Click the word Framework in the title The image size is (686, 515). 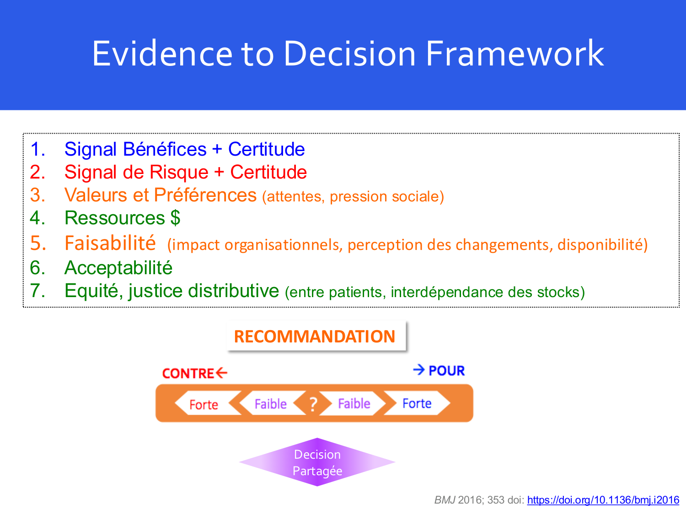pos(514,54)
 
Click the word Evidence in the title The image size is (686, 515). pos(162,54)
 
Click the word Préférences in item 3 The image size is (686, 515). pos(205,195)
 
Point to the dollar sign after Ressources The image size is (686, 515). pos(175,218)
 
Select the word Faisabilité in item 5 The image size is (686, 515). pos(110,243)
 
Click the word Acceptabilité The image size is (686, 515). pos(118,268)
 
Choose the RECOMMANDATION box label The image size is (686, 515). pos(315,336)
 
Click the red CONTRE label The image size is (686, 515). pos(188,374)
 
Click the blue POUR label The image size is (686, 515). pos(446,370)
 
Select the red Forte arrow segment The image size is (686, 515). pos(204,404)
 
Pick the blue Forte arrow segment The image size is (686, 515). pos(417,403)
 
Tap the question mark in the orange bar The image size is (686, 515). pos(313,404)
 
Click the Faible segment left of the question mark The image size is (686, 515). pos(270,404)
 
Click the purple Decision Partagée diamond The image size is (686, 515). pos(317,462)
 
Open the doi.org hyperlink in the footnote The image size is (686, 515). pos(603,500)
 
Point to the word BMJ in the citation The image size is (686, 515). pos(445,500)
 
